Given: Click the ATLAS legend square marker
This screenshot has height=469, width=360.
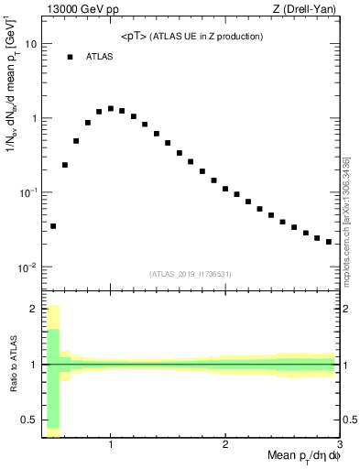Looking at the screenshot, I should tap(70, 57).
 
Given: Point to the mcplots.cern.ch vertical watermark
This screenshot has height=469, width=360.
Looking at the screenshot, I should tap(346, 220).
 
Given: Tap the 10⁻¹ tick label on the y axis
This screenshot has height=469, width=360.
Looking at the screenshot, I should tap(27, 193).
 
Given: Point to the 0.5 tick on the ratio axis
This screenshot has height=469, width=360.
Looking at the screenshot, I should tap(30, 420).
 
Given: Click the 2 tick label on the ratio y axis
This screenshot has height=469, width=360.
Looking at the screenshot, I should tap(35, 309).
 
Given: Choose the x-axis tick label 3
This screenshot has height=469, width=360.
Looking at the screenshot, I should tap(339, 445).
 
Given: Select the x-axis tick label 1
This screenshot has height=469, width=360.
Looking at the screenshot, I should tap(111, 445).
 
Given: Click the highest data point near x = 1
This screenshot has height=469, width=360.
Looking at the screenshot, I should tap(111, 108).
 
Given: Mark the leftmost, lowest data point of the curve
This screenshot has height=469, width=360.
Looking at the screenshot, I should tap(53, 225).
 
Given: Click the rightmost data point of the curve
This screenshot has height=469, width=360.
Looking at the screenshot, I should tap(329, 242).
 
